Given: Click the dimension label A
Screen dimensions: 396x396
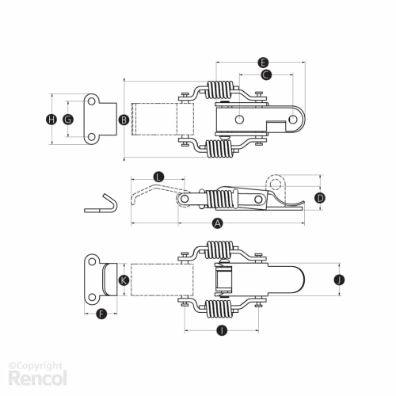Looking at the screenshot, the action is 217,223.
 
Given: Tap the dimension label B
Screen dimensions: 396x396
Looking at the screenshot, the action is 124,120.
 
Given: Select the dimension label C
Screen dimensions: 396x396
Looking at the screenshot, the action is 266,74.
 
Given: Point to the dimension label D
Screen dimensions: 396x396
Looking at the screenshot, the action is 320,198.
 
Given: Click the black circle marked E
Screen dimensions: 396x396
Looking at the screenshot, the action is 263,63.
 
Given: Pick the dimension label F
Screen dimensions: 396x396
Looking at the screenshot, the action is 101,314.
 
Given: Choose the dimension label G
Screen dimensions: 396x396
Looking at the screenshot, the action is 68,120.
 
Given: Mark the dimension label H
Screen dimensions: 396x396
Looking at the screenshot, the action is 51,120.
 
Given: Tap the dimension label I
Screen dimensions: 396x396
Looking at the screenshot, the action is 222,330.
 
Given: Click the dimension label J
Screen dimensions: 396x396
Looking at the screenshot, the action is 339,280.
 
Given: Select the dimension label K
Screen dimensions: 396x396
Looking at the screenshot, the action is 124,280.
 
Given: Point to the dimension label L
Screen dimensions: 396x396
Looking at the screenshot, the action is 158,177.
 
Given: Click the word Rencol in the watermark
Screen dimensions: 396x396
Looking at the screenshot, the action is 38,378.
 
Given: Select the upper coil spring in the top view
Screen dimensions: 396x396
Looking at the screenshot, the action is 220,89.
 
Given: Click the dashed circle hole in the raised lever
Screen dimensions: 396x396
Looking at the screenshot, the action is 276,185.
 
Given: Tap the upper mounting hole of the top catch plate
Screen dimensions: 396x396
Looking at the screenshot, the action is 91,101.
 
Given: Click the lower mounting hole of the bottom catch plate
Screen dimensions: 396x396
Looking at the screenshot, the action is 92,297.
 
